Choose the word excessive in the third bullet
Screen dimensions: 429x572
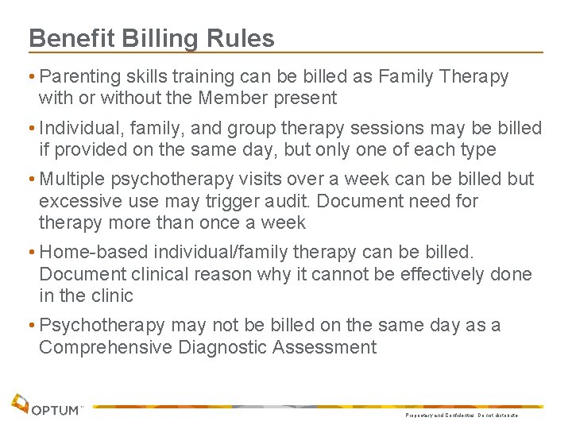click(75, 202)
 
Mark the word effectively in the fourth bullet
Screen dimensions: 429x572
click(427, 275)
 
